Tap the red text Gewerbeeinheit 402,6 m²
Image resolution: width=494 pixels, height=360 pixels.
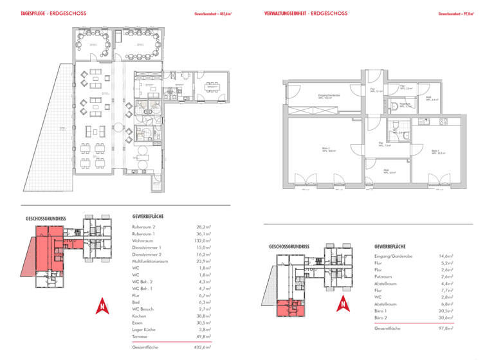[x=212, y=13]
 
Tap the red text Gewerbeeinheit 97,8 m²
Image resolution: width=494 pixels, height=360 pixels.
[x=455, y=13]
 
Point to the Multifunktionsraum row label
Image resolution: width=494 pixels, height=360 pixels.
[x=150, y=262]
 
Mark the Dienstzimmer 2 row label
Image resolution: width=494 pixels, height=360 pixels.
[x=147, y=255]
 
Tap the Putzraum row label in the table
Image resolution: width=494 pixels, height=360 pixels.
[x=384, y=276]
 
